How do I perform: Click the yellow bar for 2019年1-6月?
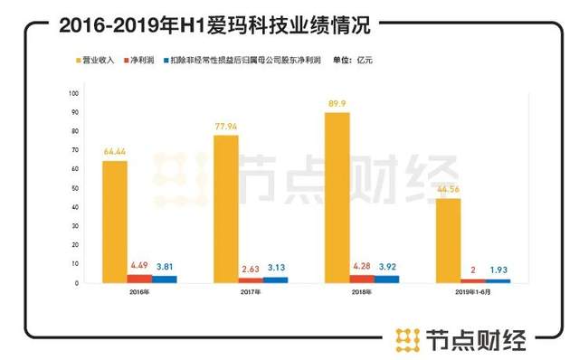click(448, 240)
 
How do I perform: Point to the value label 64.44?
click(114, 150)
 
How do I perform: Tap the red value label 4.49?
click(138, 265)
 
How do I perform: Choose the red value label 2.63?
click(251, 269)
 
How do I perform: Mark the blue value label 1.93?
click(498, 271)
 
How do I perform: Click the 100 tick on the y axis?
click(72, 93)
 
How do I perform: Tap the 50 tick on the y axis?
click(74, 188)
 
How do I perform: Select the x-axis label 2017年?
click(238, 292)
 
